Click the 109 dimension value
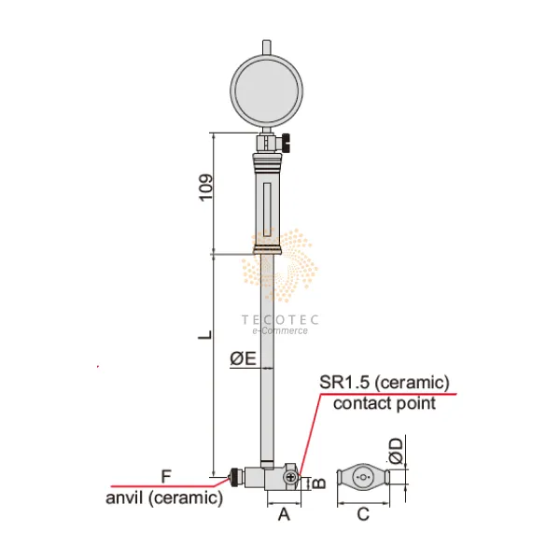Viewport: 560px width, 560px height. [x=206, y=188]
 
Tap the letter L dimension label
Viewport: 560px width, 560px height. [x=205, y=335]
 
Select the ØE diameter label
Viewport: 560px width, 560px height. [x=244, y=358]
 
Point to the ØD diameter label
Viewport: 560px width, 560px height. [x=397, y=452]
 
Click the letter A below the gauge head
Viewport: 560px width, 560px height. [x=284, y=514]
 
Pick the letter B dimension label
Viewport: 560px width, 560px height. [x=319, y=483]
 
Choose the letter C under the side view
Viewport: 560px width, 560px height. [x=363, y=514]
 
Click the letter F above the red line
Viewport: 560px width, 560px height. [x=166, y=476]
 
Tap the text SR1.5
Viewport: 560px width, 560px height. [x=344, y=382]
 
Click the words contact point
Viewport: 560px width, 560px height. [x=385, y=403]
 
